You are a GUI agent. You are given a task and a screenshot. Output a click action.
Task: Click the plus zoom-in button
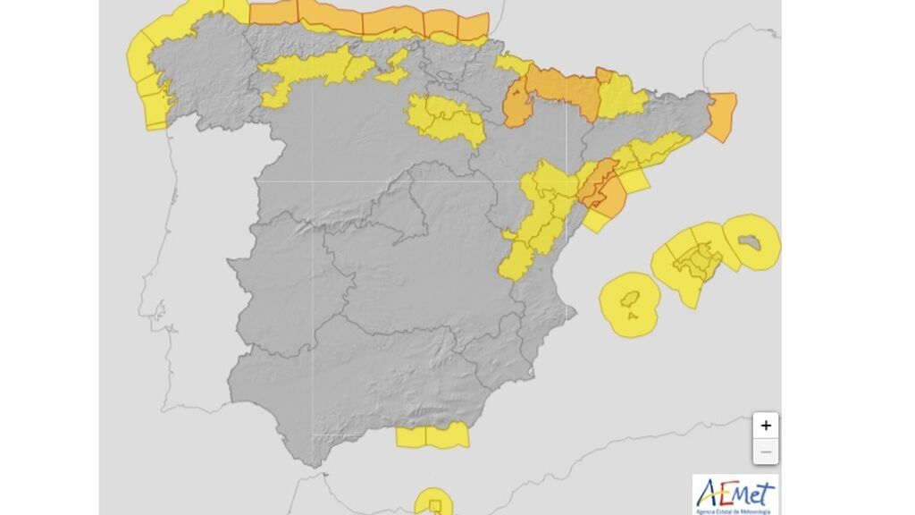(x=766, y=426)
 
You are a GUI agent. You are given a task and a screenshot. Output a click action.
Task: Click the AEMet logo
(x=735, y=494)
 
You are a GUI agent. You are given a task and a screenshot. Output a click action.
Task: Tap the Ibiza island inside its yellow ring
(x=630, y=304)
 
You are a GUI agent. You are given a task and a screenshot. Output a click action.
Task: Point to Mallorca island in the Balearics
(x=699, y=261)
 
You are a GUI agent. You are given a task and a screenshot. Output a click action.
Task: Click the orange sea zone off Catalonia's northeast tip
(x=722, y=116)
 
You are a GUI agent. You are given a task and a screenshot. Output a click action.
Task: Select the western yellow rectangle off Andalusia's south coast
(x=410, y=437)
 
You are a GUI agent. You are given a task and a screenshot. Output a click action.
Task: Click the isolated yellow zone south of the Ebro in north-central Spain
(x=444, y=120)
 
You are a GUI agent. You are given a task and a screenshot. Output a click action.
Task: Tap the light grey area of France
(x=625, y=36)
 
